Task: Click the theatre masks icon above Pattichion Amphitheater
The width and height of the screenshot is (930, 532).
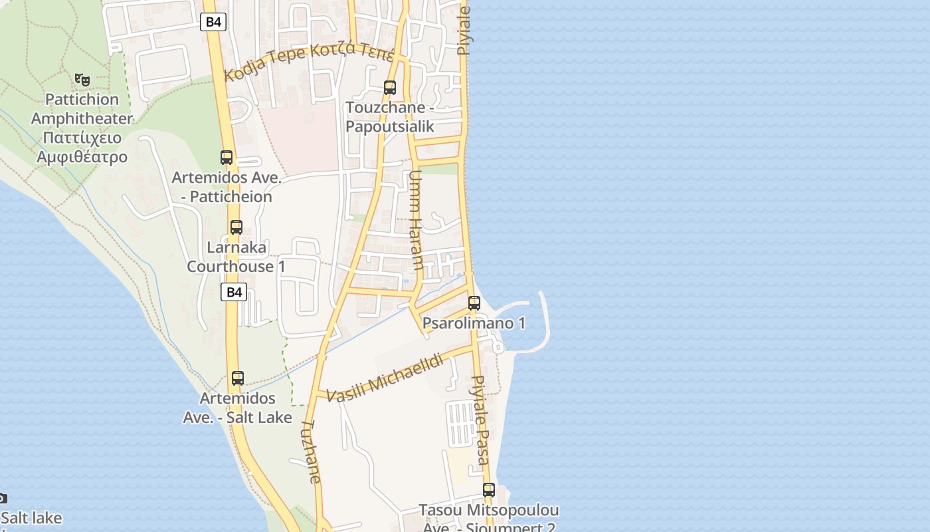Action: [82, 80]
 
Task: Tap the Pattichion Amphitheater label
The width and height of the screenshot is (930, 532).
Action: [82, 128]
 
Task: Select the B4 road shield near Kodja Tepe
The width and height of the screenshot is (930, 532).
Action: [213, 22]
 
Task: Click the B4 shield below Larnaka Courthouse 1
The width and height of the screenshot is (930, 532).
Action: [234, 292]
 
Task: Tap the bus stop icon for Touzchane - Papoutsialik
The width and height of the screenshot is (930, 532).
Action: [390, 87]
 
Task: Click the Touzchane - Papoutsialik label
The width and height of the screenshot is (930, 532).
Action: [390, 117]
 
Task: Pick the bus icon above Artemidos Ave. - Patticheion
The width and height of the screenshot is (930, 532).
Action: [227, 158]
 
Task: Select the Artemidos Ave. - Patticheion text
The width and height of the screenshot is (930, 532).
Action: [227, 188]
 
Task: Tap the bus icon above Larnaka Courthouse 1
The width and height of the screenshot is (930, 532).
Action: [236, 227]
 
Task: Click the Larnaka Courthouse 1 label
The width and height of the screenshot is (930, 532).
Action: [236, 257]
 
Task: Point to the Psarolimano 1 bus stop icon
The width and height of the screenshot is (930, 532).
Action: [474, 303]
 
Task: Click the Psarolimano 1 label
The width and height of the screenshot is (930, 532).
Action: [474, 324]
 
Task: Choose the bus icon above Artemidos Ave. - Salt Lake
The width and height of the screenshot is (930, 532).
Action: [238, 378]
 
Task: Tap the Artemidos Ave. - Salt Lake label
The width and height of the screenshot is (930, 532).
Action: [238, 408]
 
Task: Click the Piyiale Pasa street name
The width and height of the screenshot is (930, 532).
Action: [480, 420]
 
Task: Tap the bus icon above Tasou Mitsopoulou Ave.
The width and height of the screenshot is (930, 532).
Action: [489, 490]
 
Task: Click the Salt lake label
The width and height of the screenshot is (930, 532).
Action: [31, 518]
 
